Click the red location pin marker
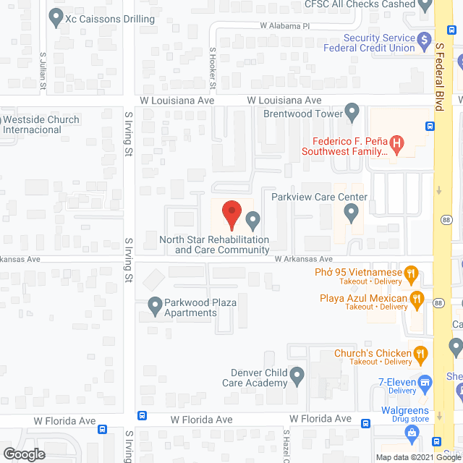tap(231, 215)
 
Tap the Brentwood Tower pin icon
tap(352, 112)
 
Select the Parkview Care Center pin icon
tap(351, 213)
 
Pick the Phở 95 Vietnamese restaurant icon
tap(411, 273)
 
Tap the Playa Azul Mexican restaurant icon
tap(416, 297)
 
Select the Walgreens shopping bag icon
tap(412, 434)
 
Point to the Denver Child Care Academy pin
tap(297, 375)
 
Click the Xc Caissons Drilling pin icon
tap(56, 17)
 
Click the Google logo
tap(24, 454)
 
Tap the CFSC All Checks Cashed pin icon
tap(427, 4)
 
